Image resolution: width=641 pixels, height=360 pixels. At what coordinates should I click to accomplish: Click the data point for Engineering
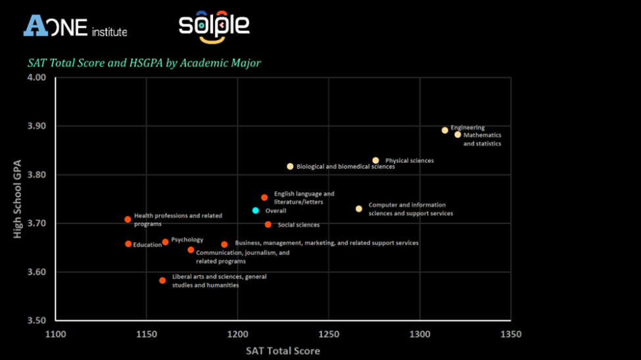click(445, 130)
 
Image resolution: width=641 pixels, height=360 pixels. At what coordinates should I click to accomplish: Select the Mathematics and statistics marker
click(458, 135)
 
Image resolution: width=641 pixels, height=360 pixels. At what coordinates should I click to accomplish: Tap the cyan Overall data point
click(256, 210)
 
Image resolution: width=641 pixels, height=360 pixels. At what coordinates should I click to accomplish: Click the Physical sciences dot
click(375, 160)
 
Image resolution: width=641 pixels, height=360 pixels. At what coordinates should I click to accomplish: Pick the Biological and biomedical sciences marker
click(290, 166)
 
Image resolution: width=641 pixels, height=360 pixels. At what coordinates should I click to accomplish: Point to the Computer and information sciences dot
click(359, 209)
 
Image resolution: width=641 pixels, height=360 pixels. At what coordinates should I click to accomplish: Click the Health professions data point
click(128, 219)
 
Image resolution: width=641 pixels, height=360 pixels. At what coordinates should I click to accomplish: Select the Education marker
click(128, 244)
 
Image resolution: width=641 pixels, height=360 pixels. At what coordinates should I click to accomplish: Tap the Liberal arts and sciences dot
click(162, 281)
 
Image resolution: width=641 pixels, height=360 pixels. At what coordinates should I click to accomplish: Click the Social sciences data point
click(268, 225)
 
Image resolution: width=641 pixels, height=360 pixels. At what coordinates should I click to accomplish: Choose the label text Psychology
click(187, 240)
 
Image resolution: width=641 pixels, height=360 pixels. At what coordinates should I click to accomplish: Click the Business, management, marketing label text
click(327, 243)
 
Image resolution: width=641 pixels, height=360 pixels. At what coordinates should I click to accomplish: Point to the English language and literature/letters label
click(304, 198)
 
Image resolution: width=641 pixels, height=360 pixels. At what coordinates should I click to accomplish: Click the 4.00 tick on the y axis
click(37, 78)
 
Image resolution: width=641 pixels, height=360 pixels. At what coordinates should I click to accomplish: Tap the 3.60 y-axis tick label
click(37, 272)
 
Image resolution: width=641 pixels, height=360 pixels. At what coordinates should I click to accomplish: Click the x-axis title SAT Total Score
click(283, 351)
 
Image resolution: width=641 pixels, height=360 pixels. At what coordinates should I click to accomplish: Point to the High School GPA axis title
click(18, 198)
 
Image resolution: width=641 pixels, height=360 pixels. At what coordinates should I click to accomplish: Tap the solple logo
click(214, 27)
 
